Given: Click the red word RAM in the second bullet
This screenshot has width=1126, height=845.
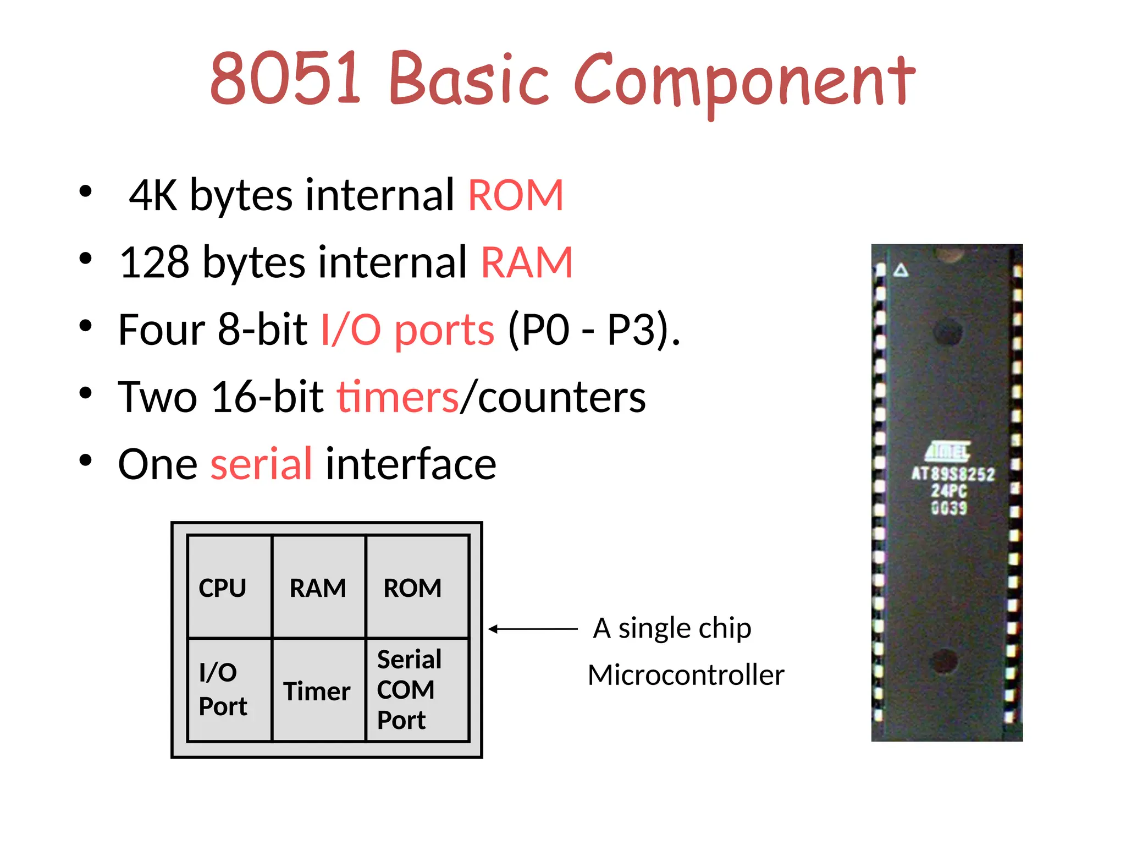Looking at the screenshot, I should [527, 262].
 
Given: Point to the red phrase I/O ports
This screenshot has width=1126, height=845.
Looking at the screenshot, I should [407, 330].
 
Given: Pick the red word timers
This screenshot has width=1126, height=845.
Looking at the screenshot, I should [398, 397].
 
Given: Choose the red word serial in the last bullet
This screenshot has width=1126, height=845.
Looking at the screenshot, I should [262, 464].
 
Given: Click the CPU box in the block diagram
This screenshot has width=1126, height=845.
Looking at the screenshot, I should [229, 587].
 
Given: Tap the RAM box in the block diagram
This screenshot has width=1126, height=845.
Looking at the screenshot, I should [318, 587].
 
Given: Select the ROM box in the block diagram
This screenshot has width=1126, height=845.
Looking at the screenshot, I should [417, 587].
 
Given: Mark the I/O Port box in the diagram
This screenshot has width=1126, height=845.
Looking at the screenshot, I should [229, 690].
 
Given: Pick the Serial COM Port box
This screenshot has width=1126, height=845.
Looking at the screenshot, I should [417, 690].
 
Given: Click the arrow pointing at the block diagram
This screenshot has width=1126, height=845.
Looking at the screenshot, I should [532, 629].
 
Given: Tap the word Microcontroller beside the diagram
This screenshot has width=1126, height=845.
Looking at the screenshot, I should [686, 675].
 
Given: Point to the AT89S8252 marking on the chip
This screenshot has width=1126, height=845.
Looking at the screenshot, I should [953, 474].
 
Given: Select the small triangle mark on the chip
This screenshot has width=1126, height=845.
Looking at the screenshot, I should [901, 270].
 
